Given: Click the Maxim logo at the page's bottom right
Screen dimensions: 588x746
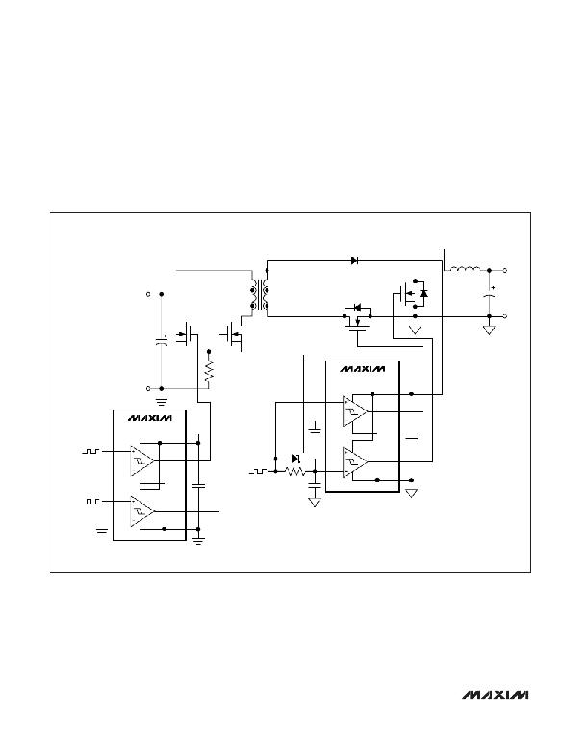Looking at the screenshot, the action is tap(495, 695).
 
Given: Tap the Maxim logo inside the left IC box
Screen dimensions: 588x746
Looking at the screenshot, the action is tap(149, 418).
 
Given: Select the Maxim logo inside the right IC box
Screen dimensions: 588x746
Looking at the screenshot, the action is tap(363, 369).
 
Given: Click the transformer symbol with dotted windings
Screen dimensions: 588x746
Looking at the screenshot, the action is tap(260, 294).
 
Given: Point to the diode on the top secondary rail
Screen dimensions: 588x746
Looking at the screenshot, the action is tap(354, 261).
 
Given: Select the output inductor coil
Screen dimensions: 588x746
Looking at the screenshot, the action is tap(465, 269).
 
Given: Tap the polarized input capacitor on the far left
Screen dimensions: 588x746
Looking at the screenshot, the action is tap(162, 340).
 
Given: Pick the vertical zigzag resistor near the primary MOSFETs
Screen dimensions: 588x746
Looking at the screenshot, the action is tap(209, 370).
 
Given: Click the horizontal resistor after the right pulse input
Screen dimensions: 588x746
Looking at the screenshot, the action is tap(294, 471).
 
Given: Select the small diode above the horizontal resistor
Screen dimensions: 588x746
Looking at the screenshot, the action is tap(295, 459).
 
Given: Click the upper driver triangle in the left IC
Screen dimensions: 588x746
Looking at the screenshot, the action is tap(142, 460).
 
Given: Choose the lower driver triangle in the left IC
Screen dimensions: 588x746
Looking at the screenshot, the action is tap(142, 511).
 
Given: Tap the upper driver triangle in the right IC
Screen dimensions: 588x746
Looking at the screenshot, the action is tap(355, 411).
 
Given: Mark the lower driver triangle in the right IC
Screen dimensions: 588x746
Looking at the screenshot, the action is tap(355, 461).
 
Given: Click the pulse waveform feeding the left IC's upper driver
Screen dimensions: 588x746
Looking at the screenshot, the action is tap(90, 451).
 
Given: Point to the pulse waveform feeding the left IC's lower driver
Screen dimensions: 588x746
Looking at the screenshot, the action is tap(92, 501).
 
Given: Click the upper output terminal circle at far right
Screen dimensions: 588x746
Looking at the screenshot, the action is tap(505, 270).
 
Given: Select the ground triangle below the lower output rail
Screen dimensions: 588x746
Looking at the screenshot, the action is tap(489, 330).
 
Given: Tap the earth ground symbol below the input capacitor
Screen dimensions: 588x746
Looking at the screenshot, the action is tap(162, 402).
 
